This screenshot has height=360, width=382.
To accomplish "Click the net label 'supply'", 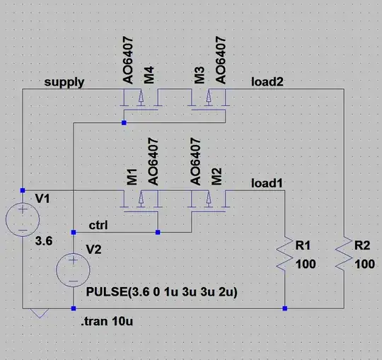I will [x=64, y=82].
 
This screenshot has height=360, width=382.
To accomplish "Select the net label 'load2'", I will [x=267, y=82].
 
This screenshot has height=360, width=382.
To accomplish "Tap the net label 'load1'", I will [x=267, y=184].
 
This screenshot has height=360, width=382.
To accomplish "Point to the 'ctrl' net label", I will [x=99, y=225].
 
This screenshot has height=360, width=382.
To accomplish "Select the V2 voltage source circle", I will [x=74, y=269].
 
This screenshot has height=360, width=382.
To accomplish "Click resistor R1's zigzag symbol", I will [x=284, y=254].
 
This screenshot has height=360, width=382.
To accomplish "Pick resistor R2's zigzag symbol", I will [x=343, y=254].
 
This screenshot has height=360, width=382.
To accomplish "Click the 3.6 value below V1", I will [x=44, y=241].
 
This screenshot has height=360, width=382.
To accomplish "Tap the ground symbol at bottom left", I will [x=40, y=313].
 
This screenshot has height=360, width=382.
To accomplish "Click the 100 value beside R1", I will [x=306, y=264].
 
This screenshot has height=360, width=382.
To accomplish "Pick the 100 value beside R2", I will [x=364, y=264].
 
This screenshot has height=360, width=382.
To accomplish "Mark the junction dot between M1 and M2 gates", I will [x=158, y=231].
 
